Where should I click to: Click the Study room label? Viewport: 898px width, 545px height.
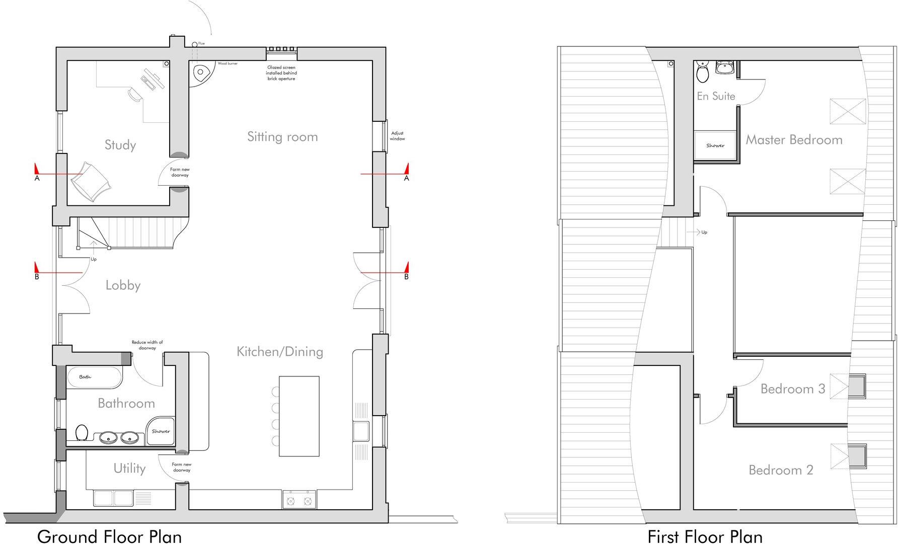[x=120, y=145]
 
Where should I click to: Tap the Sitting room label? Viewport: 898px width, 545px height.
[x=282, y=136]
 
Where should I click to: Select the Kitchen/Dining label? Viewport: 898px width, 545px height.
[x=280, y=351]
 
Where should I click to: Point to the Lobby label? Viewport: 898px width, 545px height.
[x=123, y=285]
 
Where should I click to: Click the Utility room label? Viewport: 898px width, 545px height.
[x=129, y=469]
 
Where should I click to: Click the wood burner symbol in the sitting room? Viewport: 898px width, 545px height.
[x=201, y=73]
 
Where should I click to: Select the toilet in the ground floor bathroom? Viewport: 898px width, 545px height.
[x=82, y=432]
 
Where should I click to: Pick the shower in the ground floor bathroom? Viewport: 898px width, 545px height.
[x=161, y=431]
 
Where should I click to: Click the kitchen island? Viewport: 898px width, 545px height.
[x=299, y=416]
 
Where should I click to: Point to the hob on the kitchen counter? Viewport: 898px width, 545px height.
[x=300, y=499]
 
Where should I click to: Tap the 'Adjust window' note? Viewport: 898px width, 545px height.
[x=397, y=136]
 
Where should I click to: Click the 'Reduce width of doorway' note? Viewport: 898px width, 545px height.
[x=147, y=345]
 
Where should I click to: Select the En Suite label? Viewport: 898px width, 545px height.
[x=716, y=96]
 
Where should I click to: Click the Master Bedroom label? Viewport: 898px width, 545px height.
[x=794, y=140]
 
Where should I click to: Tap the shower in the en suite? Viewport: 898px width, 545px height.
[x=715, y=146]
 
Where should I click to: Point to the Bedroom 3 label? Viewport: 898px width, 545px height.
[x=793, y=389]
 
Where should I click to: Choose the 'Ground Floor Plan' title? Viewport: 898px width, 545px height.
[x=109, y=536]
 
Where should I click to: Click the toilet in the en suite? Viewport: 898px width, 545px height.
[x=702, y=73]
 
